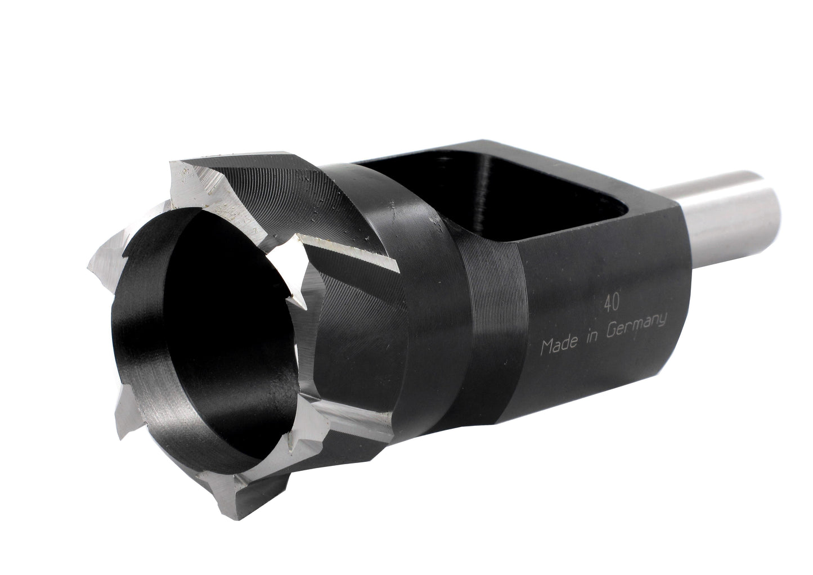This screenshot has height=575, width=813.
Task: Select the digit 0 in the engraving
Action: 616,303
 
